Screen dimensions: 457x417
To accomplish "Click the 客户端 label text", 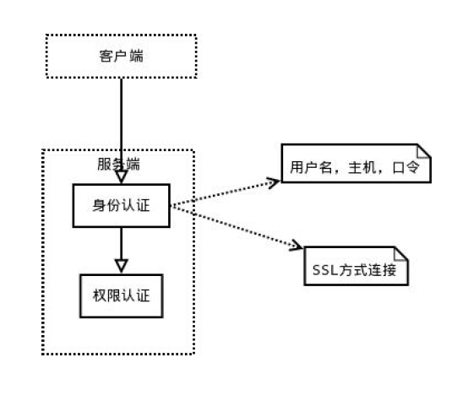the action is pyautogui.click(x=122, y=57).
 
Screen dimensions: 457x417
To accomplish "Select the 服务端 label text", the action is pyautogui.click(x=118, y=165).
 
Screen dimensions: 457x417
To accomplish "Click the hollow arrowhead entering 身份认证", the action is pyautogui.click(x=122, y=176).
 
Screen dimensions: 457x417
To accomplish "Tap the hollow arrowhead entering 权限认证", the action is pyautogui.click(x=122, y=266).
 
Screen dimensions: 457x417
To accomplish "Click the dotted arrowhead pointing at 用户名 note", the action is pyautogui.click(x=274, y=182).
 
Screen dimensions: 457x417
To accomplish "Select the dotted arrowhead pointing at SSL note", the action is pyautogui.click(x=296, y=246).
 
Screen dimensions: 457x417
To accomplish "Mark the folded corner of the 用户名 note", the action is pyautogui.click(x=424, y=151).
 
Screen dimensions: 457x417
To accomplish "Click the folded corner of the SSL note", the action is pyautogui.click(x=401, y=253).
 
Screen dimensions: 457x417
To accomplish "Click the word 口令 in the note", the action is pyautogui.click(x=406, y=168).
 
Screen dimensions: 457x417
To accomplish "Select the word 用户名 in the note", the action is pyautogui.click(x=311, y=168).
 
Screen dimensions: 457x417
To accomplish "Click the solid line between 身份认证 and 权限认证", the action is pyautogui.click(x=122, y=243).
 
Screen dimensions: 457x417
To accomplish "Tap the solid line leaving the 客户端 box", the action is pyautogui.click(x=122, y=125).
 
